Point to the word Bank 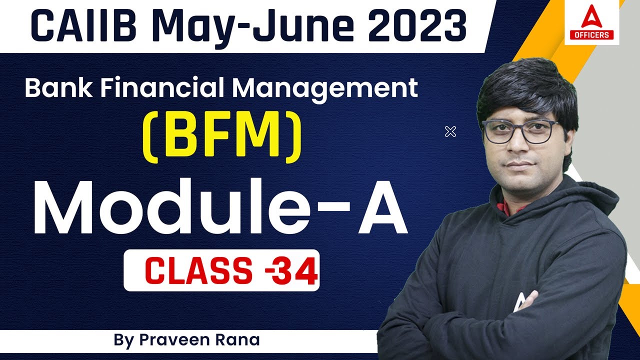tap(55, 88)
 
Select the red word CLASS tap(198, 271)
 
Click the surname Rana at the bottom tap(237, 340)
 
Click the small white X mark tap(450, 132)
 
